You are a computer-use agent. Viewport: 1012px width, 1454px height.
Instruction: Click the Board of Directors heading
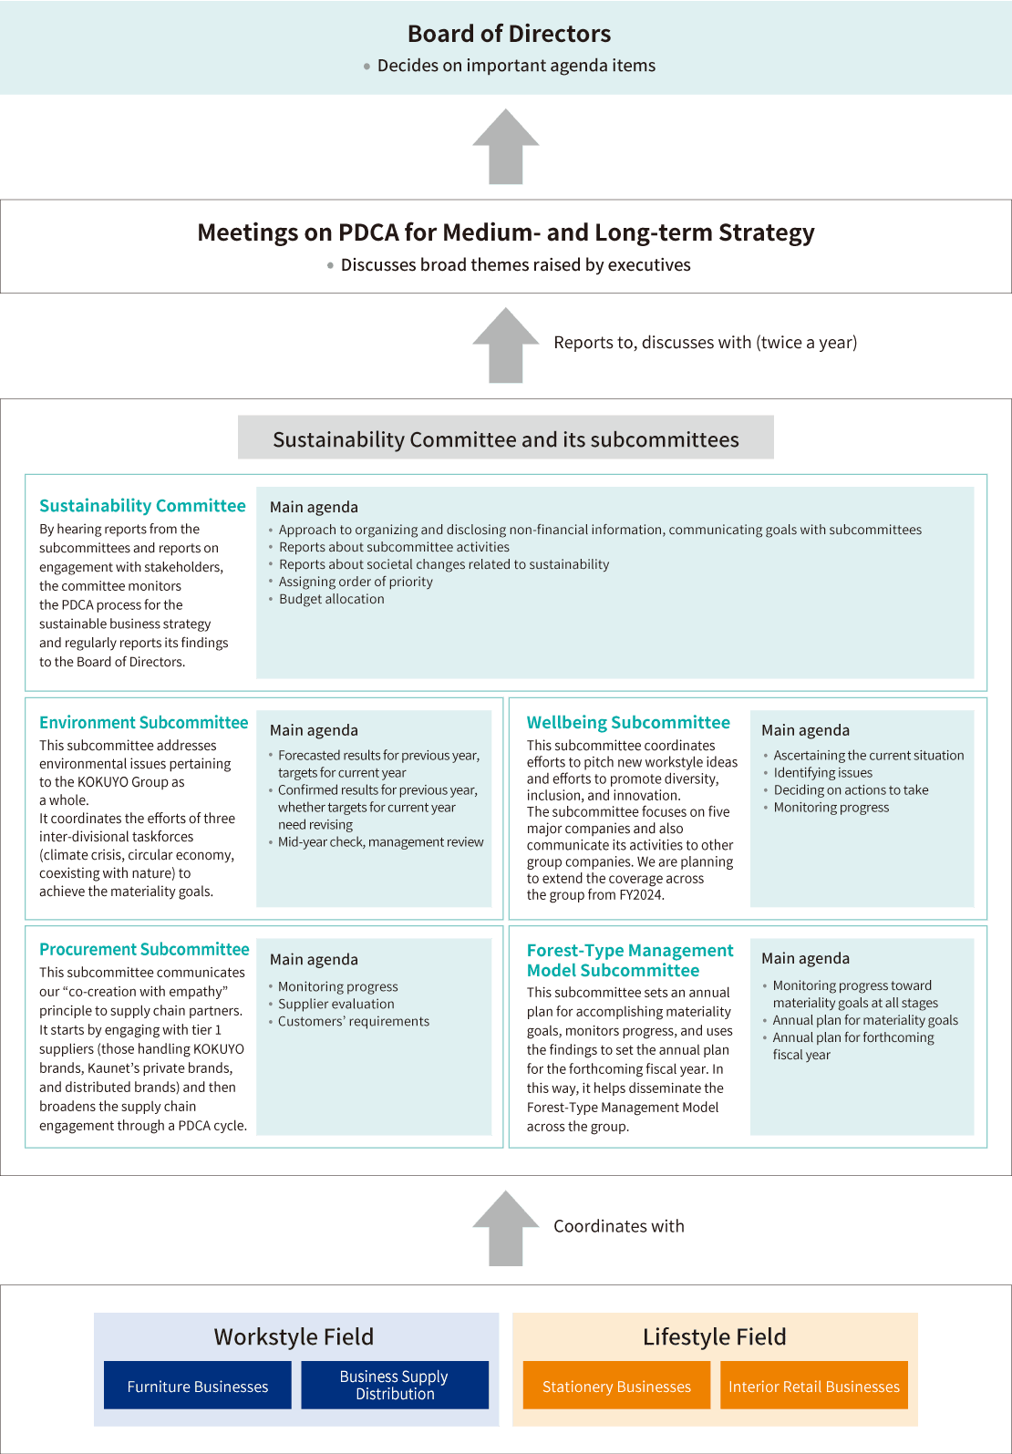(509, 34)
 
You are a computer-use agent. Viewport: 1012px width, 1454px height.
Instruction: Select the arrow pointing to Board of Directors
(506, 147)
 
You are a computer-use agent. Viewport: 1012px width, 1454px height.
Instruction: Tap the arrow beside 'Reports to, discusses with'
(506, 345)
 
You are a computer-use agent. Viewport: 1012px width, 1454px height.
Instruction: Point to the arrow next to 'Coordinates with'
(506, 1228)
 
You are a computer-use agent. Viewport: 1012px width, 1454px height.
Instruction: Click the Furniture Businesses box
(197, 1386)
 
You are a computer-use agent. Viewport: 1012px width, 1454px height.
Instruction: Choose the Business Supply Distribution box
(395, 1386)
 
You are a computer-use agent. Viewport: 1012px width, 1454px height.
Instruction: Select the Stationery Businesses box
(616, 1386)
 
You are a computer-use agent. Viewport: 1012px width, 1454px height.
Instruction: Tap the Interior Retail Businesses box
(814, 1386)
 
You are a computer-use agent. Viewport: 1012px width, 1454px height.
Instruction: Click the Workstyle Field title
(294, 1336)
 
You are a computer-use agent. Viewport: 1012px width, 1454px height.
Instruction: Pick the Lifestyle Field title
(715, 1336)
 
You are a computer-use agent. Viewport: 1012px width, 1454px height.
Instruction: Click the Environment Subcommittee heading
(143, 723)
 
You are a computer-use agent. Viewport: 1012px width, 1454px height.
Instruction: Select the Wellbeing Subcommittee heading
(628, 723)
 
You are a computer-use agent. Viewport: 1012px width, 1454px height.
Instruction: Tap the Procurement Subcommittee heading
(144, 949)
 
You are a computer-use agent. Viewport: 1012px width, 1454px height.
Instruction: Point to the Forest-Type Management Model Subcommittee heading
(630, 960)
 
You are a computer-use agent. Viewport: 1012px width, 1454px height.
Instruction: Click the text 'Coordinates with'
(619, 1226)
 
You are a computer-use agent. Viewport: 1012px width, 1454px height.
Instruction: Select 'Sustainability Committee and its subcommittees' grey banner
(506, 438)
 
